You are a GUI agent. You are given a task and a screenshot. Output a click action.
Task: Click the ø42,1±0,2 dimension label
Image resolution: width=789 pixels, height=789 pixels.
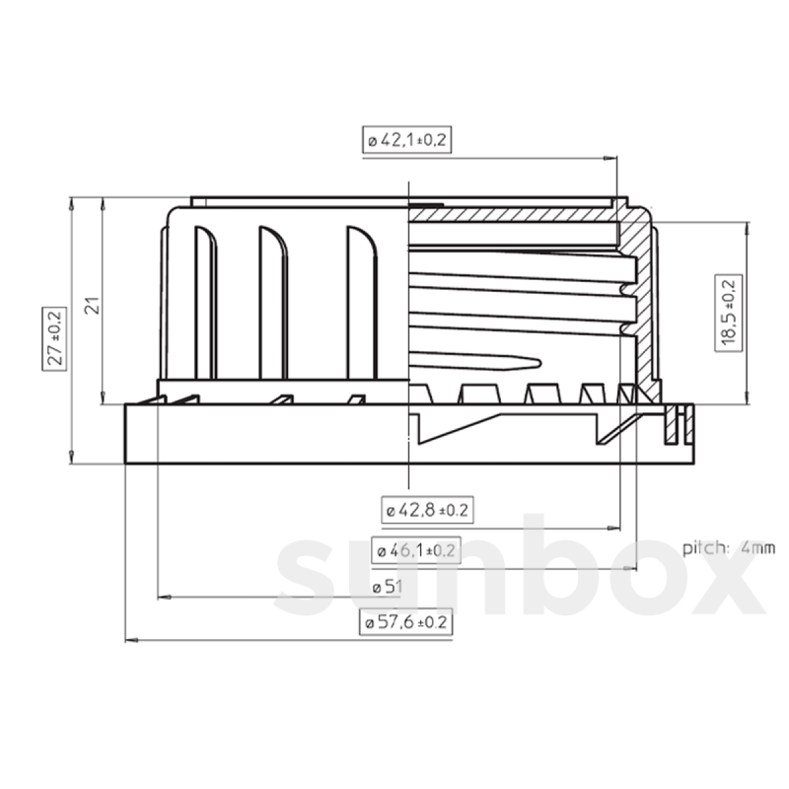click(407, 140)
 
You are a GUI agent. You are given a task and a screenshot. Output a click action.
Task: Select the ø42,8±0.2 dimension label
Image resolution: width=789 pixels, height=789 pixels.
click(427, 510)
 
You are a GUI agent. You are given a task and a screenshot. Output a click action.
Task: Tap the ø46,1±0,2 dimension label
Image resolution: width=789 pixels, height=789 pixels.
click(416, 551)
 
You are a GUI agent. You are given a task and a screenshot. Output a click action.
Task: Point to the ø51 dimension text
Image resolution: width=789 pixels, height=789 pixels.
click(387, 587)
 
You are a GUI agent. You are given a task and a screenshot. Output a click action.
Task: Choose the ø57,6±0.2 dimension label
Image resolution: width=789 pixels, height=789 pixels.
click(406, 623)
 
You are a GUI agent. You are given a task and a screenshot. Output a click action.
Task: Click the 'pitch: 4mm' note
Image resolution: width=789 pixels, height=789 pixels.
click(729, 548)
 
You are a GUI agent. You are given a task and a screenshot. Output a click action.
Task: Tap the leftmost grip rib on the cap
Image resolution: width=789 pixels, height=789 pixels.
click(205, 302)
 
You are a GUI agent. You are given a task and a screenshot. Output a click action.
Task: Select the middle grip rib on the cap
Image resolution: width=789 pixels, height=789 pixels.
click(273, 302)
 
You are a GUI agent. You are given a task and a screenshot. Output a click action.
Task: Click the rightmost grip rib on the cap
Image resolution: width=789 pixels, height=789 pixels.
click(362, 302)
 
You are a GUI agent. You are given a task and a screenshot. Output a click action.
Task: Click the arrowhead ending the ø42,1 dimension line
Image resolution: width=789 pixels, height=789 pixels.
click(611, 158)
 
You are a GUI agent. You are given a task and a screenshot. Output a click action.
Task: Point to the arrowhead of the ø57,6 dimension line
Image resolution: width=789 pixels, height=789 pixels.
click(130, 639)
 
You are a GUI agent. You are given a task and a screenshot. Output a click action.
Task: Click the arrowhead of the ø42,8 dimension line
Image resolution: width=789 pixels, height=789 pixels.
click(615, 527)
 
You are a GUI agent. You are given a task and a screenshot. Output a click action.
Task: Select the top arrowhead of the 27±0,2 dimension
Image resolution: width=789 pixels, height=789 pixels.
click(70, 202)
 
